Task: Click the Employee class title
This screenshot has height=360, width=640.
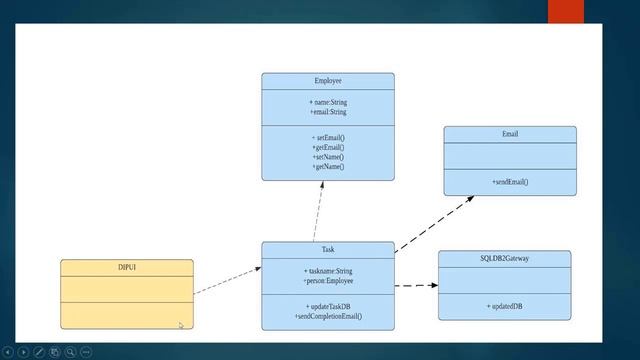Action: pyautogui.click(x=327, y=80)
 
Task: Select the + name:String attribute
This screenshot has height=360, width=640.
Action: pyautogui.click(x=327, y=103)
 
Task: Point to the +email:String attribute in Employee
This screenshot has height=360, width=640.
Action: pyautogui.click(x=327, y=112)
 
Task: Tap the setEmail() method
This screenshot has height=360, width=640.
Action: pyautogui.click(x=328, y=138)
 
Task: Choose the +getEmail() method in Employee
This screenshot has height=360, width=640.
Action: pyautogui.click(x=328, y=148)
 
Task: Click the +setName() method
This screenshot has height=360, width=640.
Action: pyautogui.click(x=328, y=157)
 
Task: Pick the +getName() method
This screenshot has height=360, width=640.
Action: pyautogui.click(x=328, y=167)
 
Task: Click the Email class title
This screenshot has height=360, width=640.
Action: pyautogui.click(x=510, y=134)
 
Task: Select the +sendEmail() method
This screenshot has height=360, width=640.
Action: pyautogui.click(x=510, y=182)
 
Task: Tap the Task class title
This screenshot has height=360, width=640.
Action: pyautogui.click(x=328, y=249)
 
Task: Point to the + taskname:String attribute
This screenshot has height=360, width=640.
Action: pyautogui.click(x=328, y=271)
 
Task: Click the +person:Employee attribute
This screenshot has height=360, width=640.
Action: pyautogui.click(x=328, y=281)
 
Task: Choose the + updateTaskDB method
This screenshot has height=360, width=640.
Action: pyautogui.click(x=328, y=306)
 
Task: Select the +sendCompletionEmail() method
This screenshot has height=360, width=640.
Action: pyautogui.click(x=328, y=316)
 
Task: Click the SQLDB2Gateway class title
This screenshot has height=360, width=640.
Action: pyautogui.click(x=504, y=258)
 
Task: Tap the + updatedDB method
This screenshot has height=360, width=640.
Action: pyautogui.click(x=504, y=306)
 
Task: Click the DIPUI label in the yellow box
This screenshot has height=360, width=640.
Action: pyautogui.click(x=126, y=267)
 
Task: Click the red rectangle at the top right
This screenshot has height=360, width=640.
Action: pyautogui.click(x=565, y=11)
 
